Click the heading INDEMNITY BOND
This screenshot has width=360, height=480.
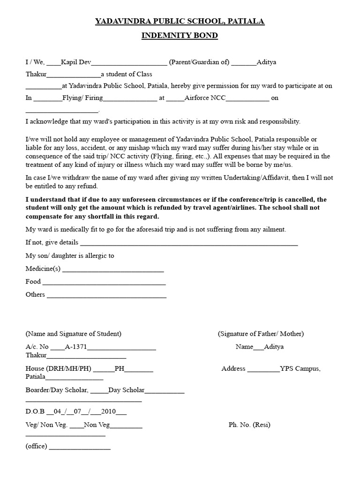tap(180, 36)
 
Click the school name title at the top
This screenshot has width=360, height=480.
tap(180, 21)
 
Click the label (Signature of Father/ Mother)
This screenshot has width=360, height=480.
tap(261, 334)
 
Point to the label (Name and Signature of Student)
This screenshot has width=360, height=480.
tap(74, 334)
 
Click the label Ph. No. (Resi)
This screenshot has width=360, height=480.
tap(249, 425)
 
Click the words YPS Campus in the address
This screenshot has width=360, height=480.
tap(300, 368)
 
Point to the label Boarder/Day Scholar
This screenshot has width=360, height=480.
tap(56, 390)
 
